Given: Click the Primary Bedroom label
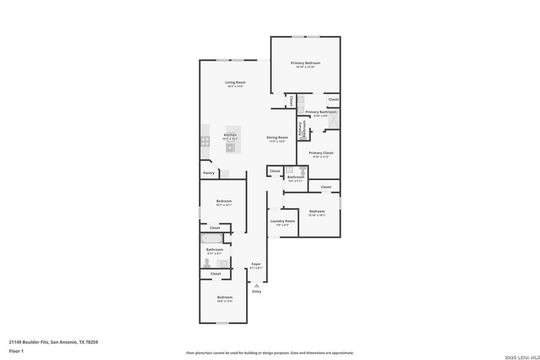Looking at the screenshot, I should pos(305,63).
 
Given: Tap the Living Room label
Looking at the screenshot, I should pos(235,82).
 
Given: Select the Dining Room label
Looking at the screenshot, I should pos(277,137).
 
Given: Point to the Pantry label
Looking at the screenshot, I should pos(209,173).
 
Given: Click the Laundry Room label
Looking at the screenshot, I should pos(282,221).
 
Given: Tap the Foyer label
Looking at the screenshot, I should pos(256,264).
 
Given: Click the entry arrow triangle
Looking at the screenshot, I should pos(257,286).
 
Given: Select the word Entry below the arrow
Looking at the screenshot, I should pos(257,292).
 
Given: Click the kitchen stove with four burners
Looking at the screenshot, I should pos(205,142).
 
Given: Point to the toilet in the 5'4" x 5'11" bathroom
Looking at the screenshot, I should pos(302,171).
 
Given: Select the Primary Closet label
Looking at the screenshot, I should pos(321,153).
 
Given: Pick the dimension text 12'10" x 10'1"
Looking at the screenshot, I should pos(317,215).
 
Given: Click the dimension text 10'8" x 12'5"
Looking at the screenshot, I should pos(224,302).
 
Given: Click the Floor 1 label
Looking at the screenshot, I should pos(16,350).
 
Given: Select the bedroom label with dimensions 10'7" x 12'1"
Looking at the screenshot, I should pos(224,201).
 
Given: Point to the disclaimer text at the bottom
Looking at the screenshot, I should pos(269,353).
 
